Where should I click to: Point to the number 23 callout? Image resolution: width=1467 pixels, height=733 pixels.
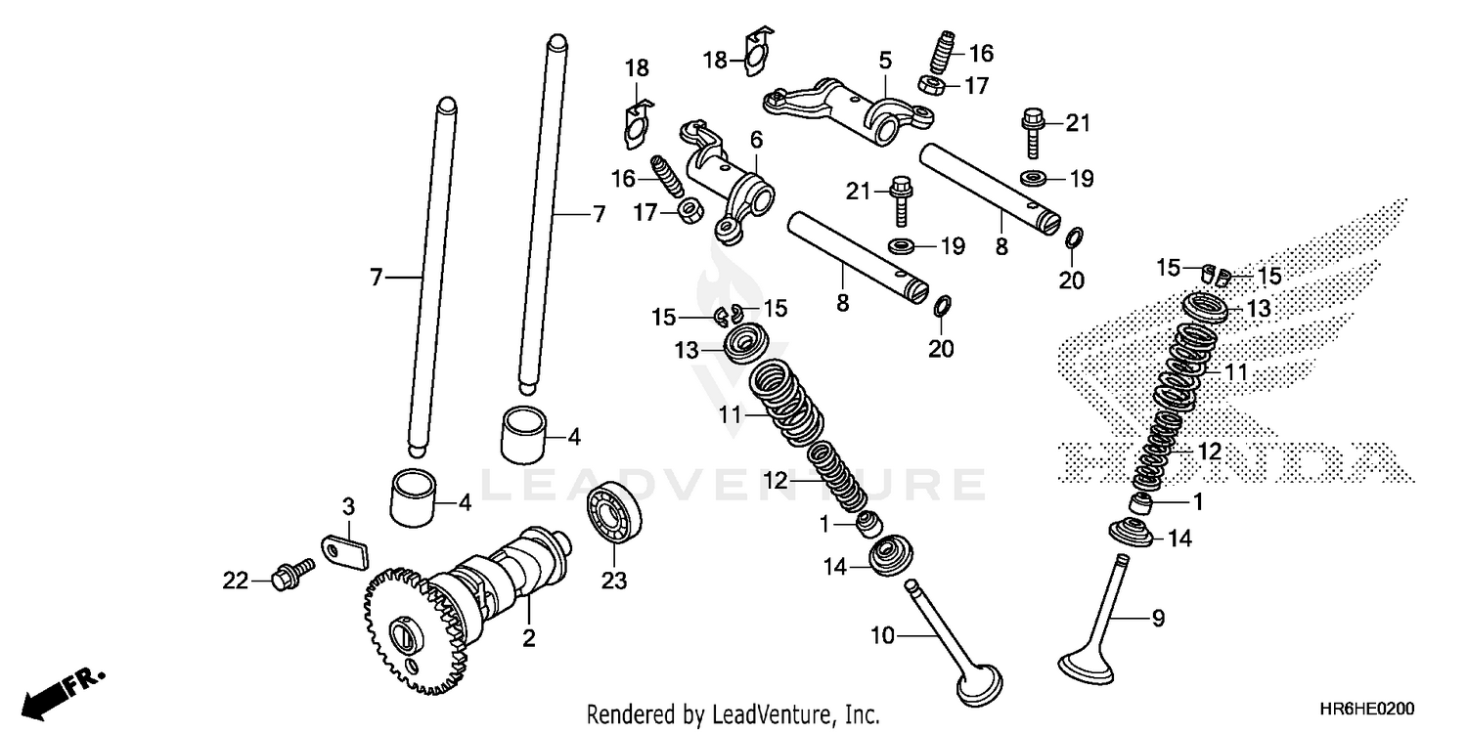(x=612, y=581)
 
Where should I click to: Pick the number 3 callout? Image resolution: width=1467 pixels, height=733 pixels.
(x=347, y=506)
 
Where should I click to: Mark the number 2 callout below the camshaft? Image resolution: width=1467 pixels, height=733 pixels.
(x=527, y=640)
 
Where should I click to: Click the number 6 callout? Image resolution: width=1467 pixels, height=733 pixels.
(x=756, y=141)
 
